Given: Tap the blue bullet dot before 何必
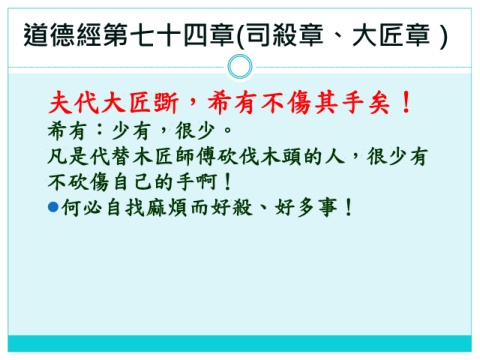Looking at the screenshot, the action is [53, 207].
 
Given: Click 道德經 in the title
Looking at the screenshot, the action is [62, 35].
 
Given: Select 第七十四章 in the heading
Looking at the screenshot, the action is [169, 35].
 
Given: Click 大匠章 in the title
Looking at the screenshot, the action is [391, 35].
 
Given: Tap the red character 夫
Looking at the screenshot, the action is [60, 102].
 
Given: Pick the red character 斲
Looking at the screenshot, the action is [166, 102].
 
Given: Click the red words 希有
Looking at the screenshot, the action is [232, 102].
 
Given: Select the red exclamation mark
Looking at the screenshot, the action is [406, 102].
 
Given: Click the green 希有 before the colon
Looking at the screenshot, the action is [67, 130].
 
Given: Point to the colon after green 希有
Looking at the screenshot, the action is [99, 130].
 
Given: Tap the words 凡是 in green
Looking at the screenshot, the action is [67, 156].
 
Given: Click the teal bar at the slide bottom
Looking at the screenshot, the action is [240, 343].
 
